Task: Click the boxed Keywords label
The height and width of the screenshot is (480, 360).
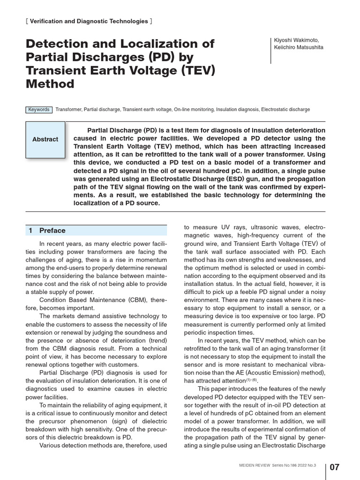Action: (39, 110)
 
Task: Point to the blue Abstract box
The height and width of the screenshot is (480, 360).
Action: (45, 139)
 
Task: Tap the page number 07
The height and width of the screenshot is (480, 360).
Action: (335, 467)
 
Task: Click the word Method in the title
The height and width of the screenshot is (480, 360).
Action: (50, 84)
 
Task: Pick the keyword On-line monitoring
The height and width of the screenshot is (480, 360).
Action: (194, 110)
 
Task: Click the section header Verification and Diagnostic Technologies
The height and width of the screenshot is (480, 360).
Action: (89, 21)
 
